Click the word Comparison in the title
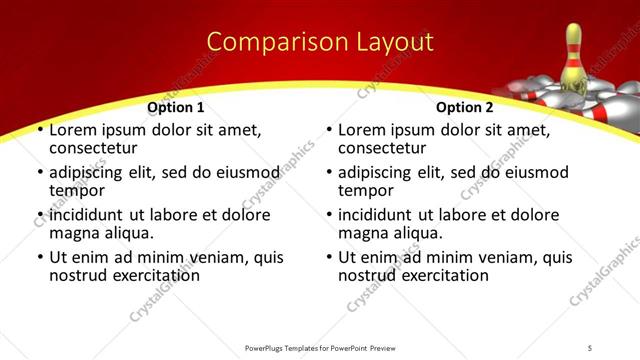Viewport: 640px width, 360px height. [268, 42]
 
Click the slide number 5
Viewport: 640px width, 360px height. [590, 347]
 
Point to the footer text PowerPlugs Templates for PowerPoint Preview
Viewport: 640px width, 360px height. [320, 347]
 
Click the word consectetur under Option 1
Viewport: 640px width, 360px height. [96, 149]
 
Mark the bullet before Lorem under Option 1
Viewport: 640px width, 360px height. [40, 131]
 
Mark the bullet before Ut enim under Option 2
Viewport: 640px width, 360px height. [329, 257]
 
